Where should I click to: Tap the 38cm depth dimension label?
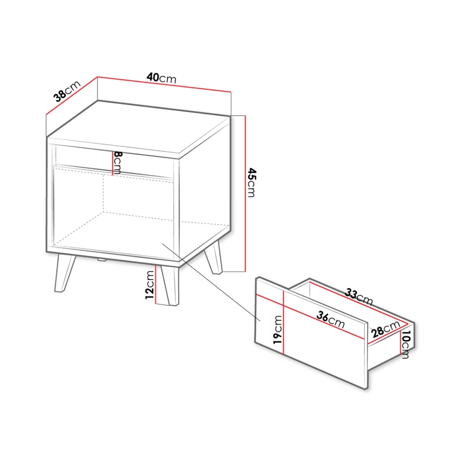(66, 92)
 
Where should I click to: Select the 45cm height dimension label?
(251, 183)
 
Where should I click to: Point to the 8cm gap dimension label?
(118, 162)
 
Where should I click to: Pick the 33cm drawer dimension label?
(358, 296)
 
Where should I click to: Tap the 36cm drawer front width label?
(329, 320)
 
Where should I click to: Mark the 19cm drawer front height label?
(277, 329)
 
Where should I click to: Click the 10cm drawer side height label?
(406, 344)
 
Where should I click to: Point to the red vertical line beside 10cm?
(400, 343)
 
